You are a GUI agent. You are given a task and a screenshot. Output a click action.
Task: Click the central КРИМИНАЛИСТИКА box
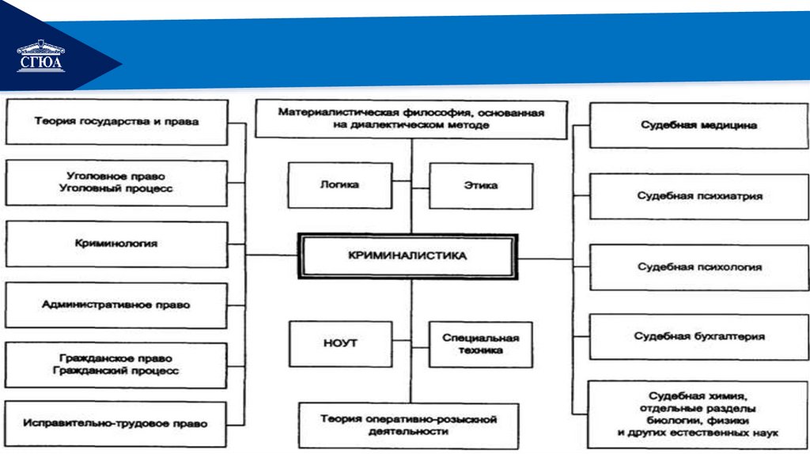[x=407, y=256]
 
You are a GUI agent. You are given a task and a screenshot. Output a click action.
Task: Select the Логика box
[x=339, y=185]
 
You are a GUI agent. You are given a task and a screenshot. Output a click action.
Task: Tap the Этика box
[x=480, y=185]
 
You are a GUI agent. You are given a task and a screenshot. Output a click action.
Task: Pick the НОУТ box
[x=340, y=343]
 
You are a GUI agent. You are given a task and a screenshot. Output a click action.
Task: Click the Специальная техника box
[x=480, y=343]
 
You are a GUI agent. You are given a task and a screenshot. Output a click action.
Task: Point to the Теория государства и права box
[x=116, y=122]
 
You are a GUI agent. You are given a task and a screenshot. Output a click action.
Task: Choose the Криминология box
[x=116, y=244]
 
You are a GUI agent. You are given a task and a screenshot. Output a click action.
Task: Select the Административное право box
[x=116, y=305]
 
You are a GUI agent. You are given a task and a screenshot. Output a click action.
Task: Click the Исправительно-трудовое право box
[x=116, y=424]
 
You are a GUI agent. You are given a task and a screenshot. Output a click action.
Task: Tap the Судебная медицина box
[x=698, y=125]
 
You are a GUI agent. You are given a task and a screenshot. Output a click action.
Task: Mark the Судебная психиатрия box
[x=699, y=195]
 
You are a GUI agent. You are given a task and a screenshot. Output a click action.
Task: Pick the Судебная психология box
[x=699, y=267]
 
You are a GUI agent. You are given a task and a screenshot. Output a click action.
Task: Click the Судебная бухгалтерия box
[x=699, y=337]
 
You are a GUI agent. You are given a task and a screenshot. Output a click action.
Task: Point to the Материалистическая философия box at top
[x=411, y=119]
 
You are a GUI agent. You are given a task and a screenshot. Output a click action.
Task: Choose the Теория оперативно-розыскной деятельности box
[x=408, y=426]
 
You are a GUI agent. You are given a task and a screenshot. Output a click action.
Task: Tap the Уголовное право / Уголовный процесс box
[x=116, y=183]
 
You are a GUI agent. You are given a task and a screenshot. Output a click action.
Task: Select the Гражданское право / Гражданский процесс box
[x=116, y=364]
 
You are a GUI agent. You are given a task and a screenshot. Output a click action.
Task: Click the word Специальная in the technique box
[x=480, y=338]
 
